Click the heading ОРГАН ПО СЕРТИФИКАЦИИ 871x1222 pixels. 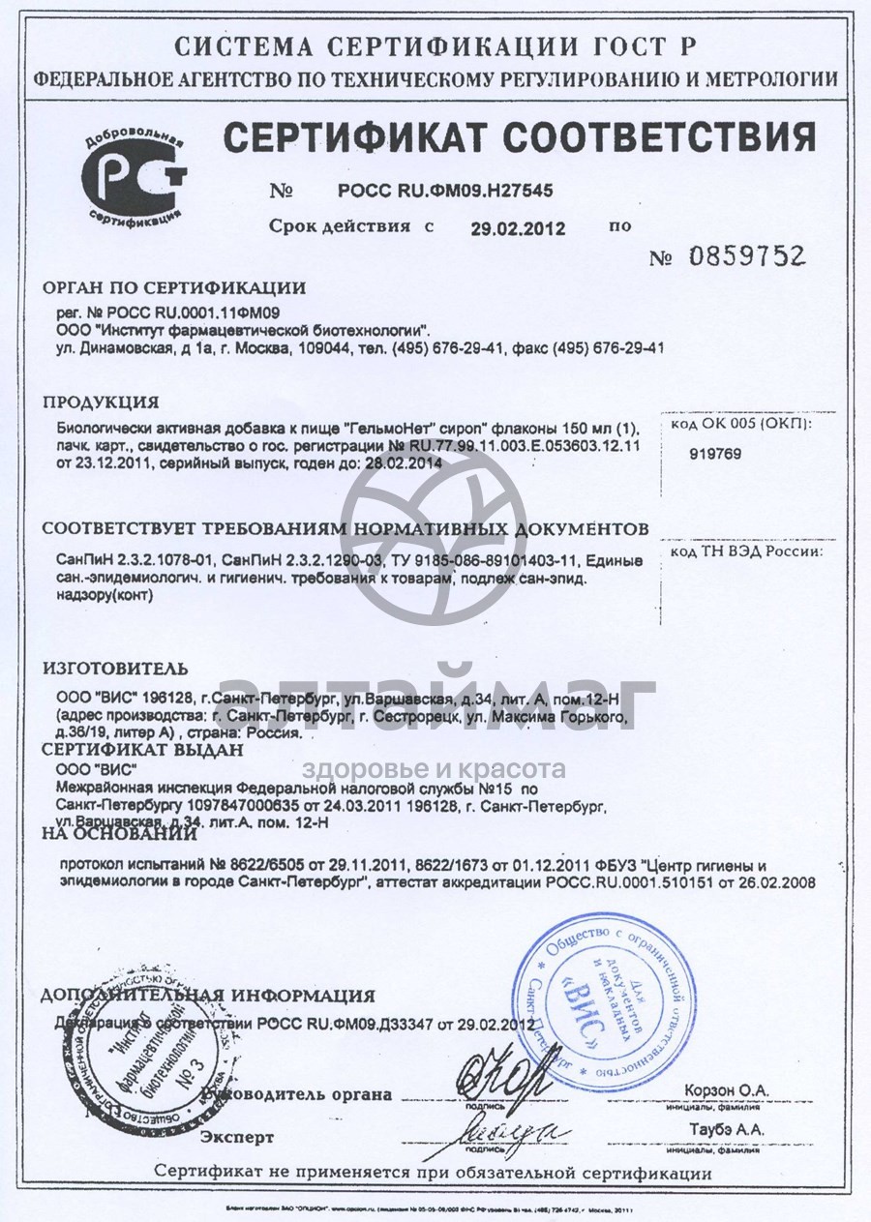pos(174,287)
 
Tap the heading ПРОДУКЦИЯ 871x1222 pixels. pos(101,402)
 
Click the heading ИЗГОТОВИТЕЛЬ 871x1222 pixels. pos(115,669)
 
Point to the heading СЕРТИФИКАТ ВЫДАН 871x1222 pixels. pos(141,750)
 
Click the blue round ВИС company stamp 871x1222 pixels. pos(593,998)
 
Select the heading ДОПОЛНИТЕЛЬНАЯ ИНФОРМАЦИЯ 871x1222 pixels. pos(208,996)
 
